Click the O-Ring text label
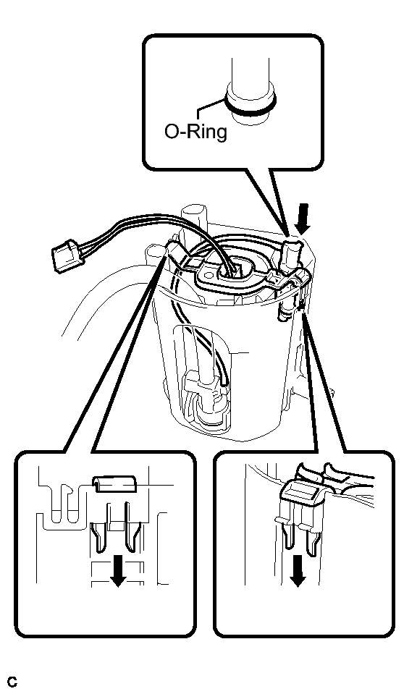(195, 132)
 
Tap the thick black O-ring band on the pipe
(251, 108)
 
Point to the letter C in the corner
(12, 682)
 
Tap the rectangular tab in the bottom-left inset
(114, 485)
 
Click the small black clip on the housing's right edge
(301, 305)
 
